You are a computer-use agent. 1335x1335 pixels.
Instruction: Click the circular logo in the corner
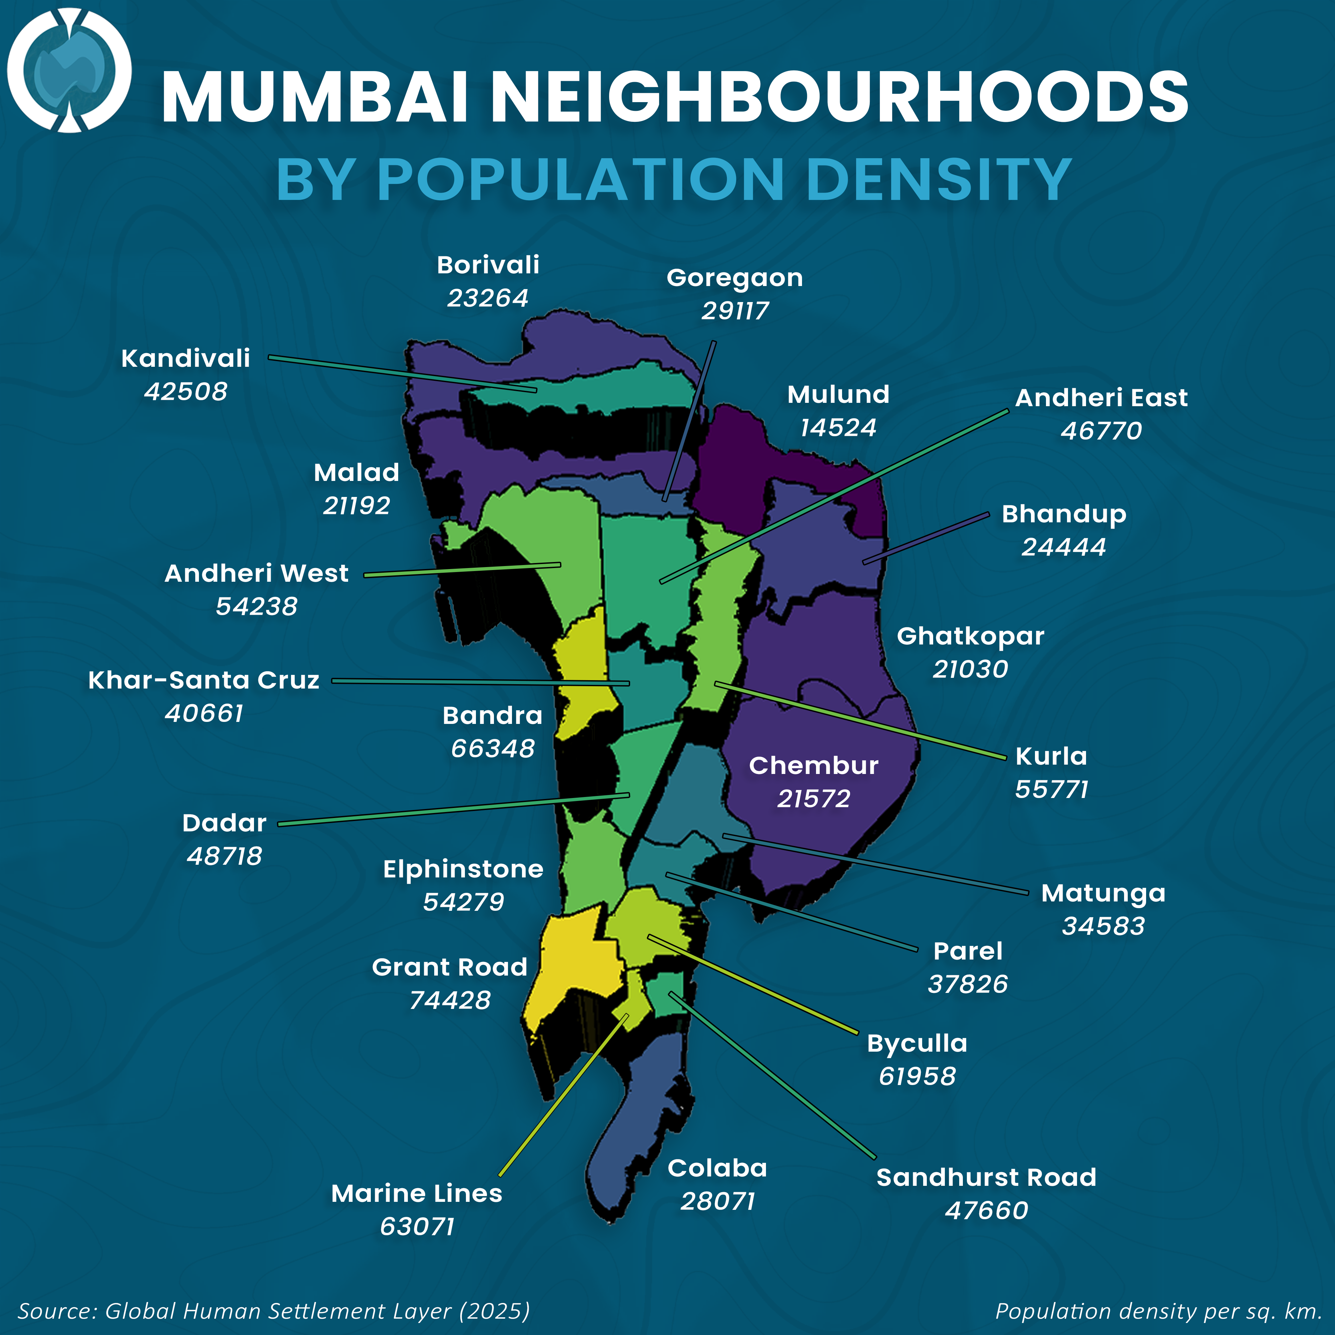[69, 70]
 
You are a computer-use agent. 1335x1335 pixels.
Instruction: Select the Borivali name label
[488, 265]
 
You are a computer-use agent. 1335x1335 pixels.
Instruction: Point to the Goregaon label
[735, 278]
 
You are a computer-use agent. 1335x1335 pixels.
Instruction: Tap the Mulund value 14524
[838, 428]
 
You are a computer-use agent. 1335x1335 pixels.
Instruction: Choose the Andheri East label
[1101, 398]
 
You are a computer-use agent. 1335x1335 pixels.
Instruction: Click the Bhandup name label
[1063, 514]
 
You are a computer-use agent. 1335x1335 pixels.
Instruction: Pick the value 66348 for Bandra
[493, 748]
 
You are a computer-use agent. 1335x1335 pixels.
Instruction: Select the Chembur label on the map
[813, 766]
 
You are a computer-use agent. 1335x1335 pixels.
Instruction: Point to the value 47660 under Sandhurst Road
[986, 1210]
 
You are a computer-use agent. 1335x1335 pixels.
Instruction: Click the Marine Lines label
[417, 1193]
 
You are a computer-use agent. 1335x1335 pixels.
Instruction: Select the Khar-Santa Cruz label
[204, 680]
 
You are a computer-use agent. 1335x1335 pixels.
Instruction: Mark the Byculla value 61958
[917, 1076]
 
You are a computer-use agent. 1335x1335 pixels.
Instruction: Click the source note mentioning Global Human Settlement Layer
[274, 1311]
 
